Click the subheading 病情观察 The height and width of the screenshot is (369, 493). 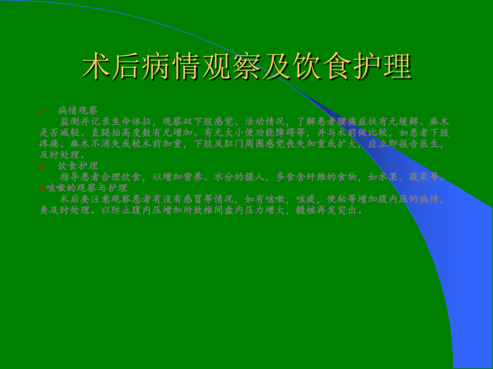(78, 111)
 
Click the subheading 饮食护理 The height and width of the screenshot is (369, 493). (78, 166)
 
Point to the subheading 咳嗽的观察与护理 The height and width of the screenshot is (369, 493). (87, 188)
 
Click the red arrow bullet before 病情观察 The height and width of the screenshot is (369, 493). (42, 111)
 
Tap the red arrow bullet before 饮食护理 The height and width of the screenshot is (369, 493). (42, 166)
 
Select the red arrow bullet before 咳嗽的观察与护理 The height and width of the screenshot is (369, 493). (42, 188)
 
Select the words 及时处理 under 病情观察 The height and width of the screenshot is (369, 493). (59, 155)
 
